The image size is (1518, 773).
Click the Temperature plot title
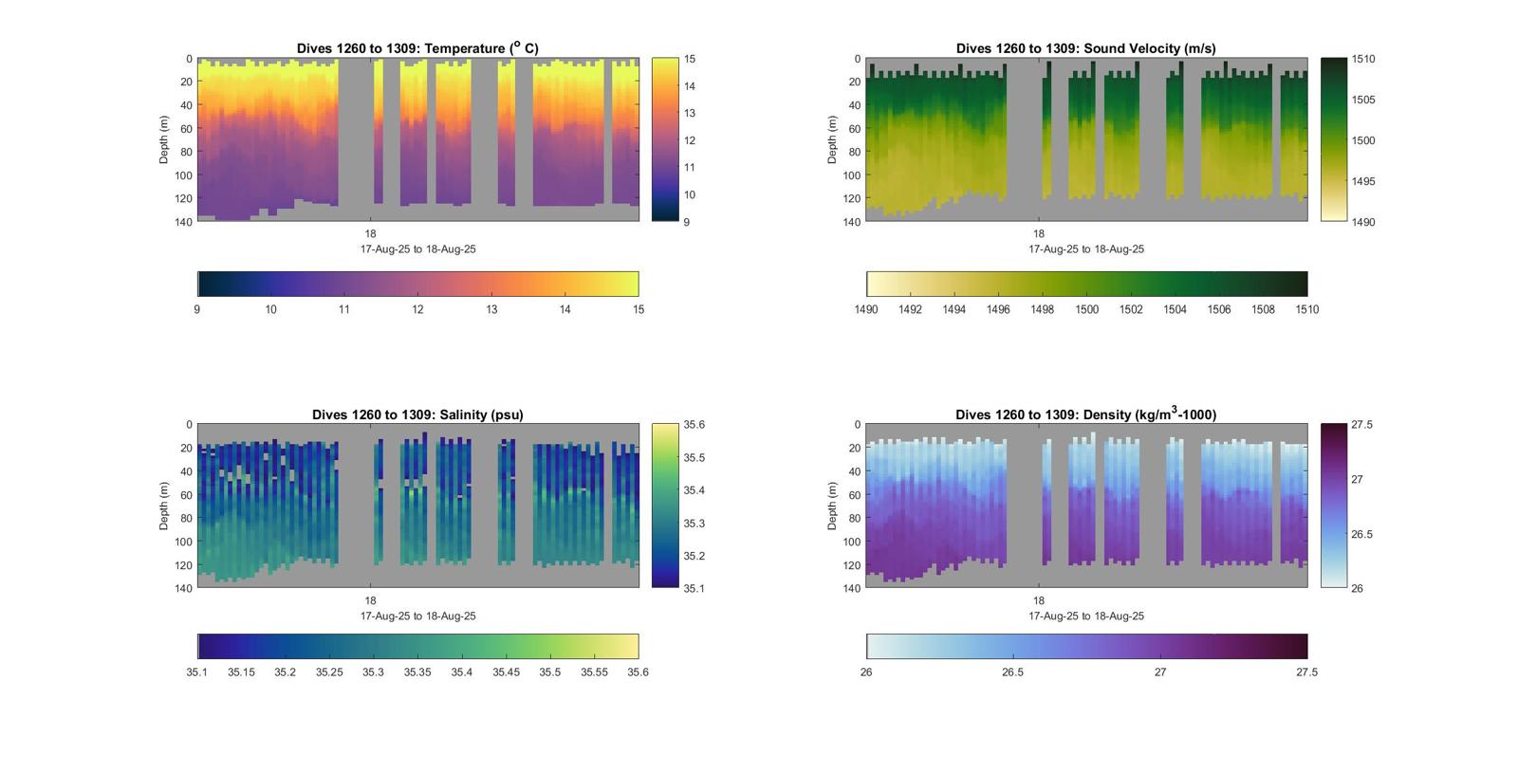(x=417, y=48)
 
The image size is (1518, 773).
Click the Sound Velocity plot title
(x=1085, y=48)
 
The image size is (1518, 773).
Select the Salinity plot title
(x=417, y=414)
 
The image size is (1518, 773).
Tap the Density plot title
(x=1085, y=414)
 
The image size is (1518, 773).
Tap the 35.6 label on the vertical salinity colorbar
(x=694, y=425)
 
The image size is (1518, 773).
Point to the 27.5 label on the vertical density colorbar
(x=1361, y=425)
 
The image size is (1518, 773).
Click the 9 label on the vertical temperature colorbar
(x=687, y=222)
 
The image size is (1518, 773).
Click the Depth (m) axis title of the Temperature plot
(x=164, y=139)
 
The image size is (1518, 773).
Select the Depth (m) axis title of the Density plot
(x=832, y=506)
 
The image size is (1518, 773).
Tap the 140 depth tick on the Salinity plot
(x=183, y=588)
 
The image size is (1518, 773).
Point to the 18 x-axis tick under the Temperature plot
(x=370, y=234)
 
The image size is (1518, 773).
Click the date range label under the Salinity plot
(x=417, y=617)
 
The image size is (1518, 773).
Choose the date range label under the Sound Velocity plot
(x=1085, y=249)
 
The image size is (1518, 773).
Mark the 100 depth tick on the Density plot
(x=851, y=542)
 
